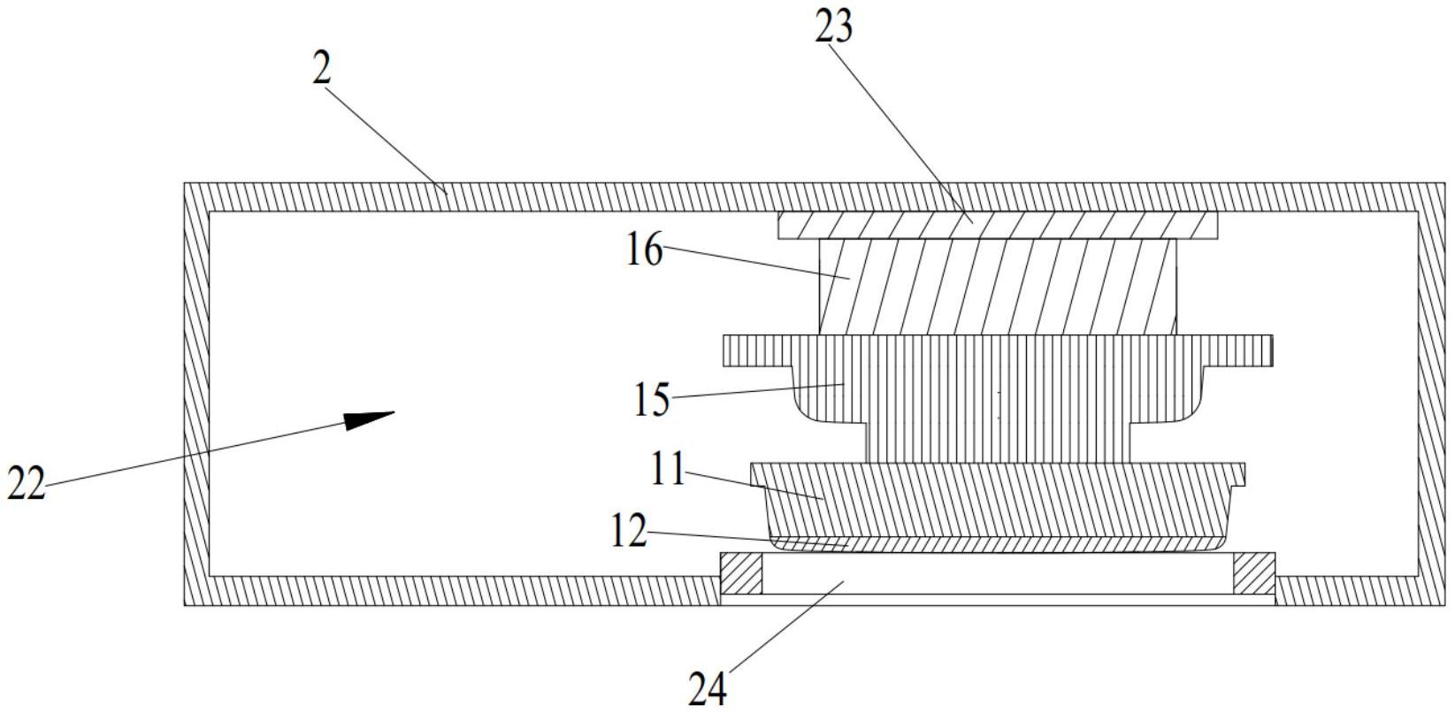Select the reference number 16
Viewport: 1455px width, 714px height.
coord(644,251)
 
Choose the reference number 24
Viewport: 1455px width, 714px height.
coord(708,689)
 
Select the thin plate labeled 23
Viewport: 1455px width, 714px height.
coord(997,225)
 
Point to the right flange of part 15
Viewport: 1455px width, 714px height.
coord(1238,350)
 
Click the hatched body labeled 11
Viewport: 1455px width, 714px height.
coord(997,500)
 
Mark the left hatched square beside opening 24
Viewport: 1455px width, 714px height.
coord(741,573)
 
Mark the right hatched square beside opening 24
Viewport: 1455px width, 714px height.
coord(1254,573)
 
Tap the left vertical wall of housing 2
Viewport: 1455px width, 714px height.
coord(195,394)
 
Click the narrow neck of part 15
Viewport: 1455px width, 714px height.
coord(997,442)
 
